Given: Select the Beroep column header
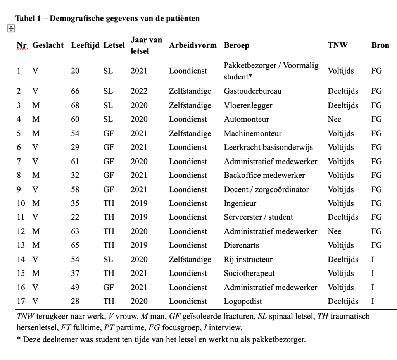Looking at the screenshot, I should [x=236, y=45].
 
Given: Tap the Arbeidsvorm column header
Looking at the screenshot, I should [x=193, y=45].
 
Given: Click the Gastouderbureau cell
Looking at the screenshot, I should [x=252, y=91].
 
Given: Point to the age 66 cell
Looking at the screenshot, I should [x=75, y=91].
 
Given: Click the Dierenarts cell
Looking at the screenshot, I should [x=241, y=245].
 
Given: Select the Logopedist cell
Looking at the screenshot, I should [x=243, y=301].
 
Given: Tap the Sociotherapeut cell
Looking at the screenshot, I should [x=249, y=274].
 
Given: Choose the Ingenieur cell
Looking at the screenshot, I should [x=240, y=203].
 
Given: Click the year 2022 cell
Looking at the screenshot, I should [x=139, y=91].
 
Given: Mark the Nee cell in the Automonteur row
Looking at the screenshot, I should [x=334, y=119].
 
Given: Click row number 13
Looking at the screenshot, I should [x=21, y=245].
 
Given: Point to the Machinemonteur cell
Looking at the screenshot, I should [x=253, y=134].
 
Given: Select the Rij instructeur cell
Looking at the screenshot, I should [x=248, y=260].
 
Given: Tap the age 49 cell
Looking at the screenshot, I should [x=75, y=288].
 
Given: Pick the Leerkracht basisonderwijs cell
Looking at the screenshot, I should [x=268, y=148].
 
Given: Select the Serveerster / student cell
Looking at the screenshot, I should [x=258, y=217].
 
